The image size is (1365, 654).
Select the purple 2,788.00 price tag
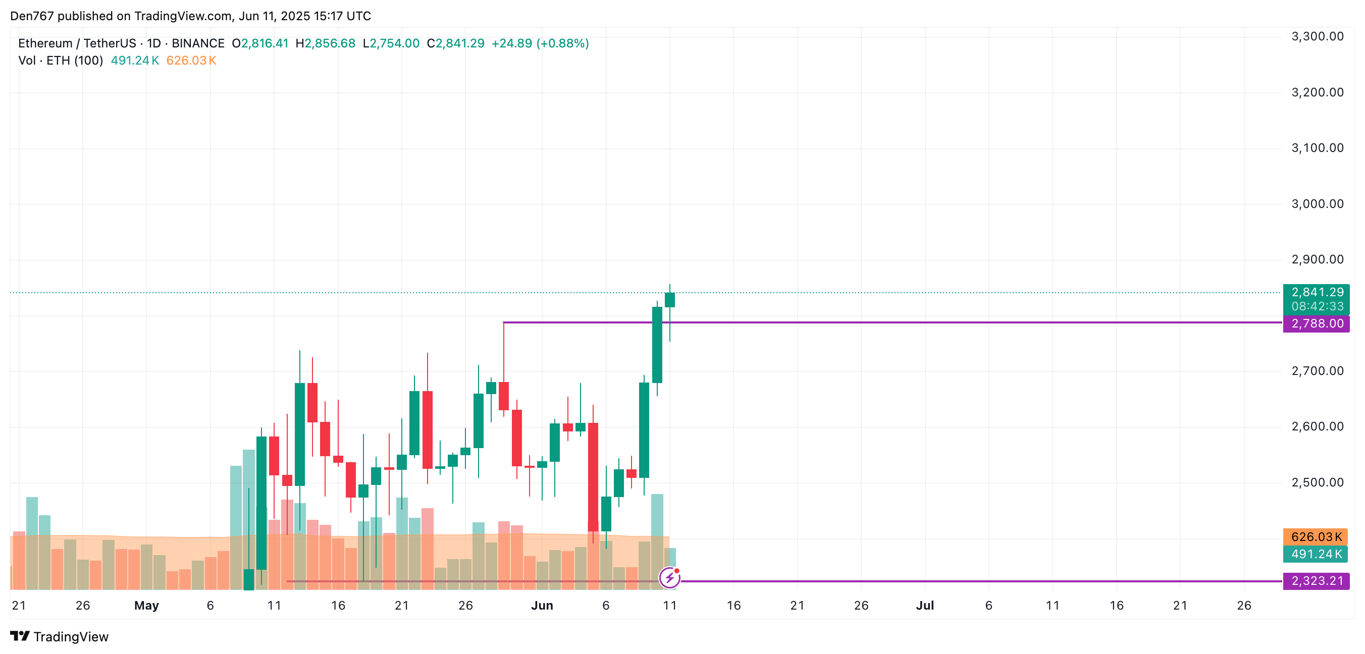coord(1316,323)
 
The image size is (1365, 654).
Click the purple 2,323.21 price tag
coord(1316,581)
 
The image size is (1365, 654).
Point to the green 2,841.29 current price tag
coord(1316,292)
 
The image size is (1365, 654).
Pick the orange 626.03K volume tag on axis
coord(1316,536)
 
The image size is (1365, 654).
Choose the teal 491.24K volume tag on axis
coord(1316,554)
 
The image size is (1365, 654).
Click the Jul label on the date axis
coord(925,605)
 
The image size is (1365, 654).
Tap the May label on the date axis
coord(146,605)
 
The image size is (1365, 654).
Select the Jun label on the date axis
coord(542,605)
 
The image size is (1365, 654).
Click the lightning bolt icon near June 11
coord(670,577)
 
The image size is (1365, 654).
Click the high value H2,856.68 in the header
coord(326,43)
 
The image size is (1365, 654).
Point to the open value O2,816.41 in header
coord(260,43)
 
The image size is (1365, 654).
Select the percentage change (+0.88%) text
coord(562,43)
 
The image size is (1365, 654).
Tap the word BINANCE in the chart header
coord(198,43)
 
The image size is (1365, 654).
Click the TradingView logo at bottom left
coord(60,636)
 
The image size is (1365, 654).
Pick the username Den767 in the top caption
coord(32,16)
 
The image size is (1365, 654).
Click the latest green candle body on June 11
coord(670,300)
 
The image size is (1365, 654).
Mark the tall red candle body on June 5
coord(593,476)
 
